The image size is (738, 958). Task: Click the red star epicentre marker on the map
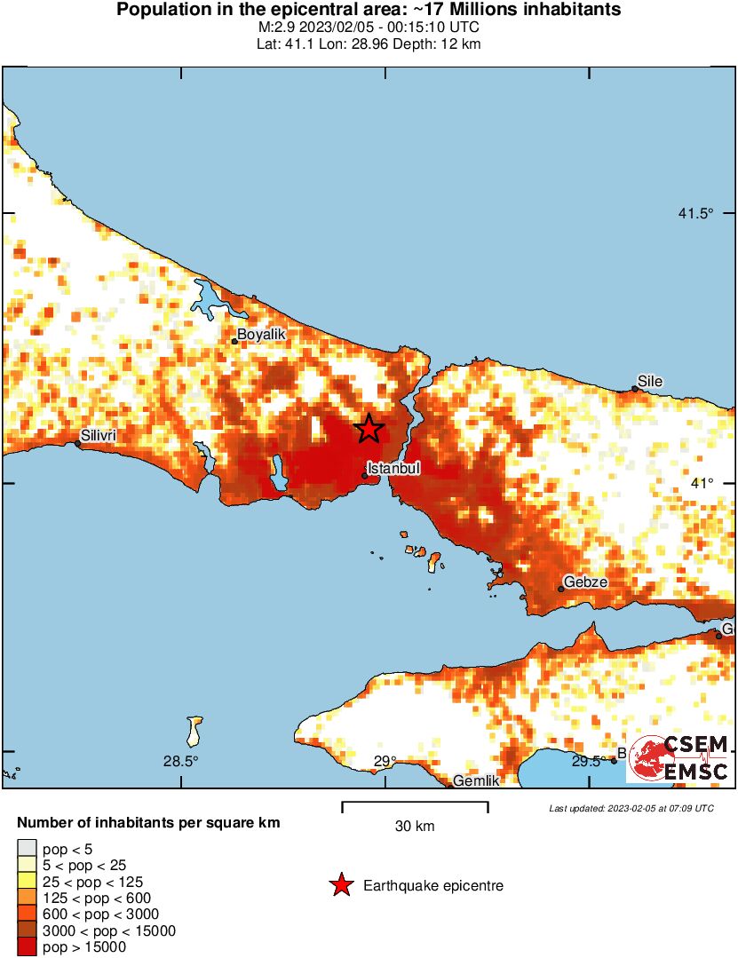click(x=369, y=429)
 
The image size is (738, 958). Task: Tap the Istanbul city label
click(x=393, y=467)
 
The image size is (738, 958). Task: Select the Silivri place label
click(x=98, y=435)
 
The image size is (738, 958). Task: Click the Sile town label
click(x=650, y=381)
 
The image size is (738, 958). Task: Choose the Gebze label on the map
click(x=584, y=582)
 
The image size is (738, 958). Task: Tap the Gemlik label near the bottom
click(x=477, y=780)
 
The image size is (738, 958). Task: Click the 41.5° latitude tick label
click(x=695, y=213)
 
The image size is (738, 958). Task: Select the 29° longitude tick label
click(x=385, y=761)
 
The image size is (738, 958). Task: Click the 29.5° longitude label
click(x=589, y=761)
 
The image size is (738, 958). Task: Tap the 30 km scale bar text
click(x=415, y=826)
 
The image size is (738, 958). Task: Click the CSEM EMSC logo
click(x=680, y=758)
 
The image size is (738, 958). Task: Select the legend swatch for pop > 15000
click(x=28, y=947)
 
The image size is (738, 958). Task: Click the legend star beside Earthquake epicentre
click(x=340, y=885)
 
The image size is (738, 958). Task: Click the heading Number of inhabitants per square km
click(x=148, y=823)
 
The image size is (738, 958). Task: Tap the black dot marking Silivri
click(x=77, y=444)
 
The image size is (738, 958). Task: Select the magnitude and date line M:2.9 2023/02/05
click(x=369, y=28)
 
